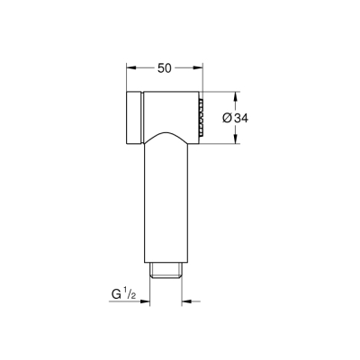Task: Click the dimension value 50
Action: (x=163, y=67)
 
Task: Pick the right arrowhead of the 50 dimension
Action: (x=200, y=67)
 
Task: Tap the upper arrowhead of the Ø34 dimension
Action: (x=236, y=94)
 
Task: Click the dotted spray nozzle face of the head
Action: (x=201, y=117)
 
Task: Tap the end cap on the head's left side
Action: (x=133, y=117)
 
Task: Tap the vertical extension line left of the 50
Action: (x=126, y=76)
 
